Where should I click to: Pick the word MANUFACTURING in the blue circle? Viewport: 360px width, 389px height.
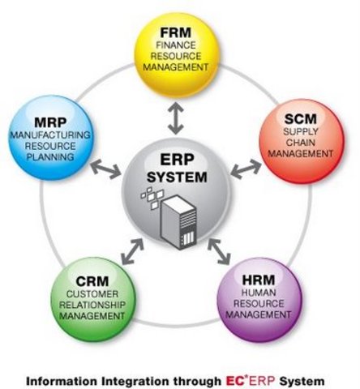[x=49, y=135]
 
